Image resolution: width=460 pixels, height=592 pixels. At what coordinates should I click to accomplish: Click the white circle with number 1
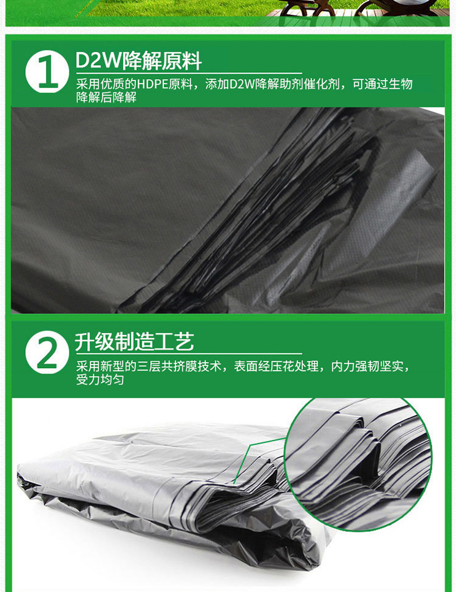point(47,72)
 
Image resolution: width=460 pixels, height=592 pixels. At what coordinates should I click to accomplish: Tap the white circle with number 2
point(47,352)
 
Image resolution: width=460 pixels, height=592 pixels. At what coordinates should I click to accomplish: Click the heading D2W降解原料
point(139,61)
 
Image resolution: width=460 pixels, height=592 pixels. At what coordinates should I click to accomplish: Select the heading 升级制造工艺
point(134,342)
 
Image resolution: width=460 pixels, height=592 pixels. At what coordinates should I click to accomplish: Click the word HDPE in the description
point(151,84)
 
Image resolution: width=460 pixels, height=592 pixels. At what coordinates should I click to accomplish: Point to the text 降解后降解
point(107,98)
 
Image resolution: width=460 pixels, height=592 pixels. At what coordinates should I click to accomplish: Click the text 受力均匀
point(100,380)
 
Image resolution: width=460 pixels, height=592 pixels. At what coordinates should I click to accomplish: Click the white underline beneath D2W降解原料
point(189,73)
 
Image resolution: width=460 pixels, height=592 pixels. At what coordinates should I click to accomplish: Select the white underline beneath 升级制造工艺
point(189,354)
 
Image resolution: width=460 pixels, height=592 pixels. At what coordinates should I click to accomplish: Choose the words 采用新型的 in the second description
point(107,366)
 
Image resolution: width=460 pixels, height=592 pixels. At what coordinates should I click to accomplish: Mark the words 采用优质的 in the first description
point(107,84)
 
